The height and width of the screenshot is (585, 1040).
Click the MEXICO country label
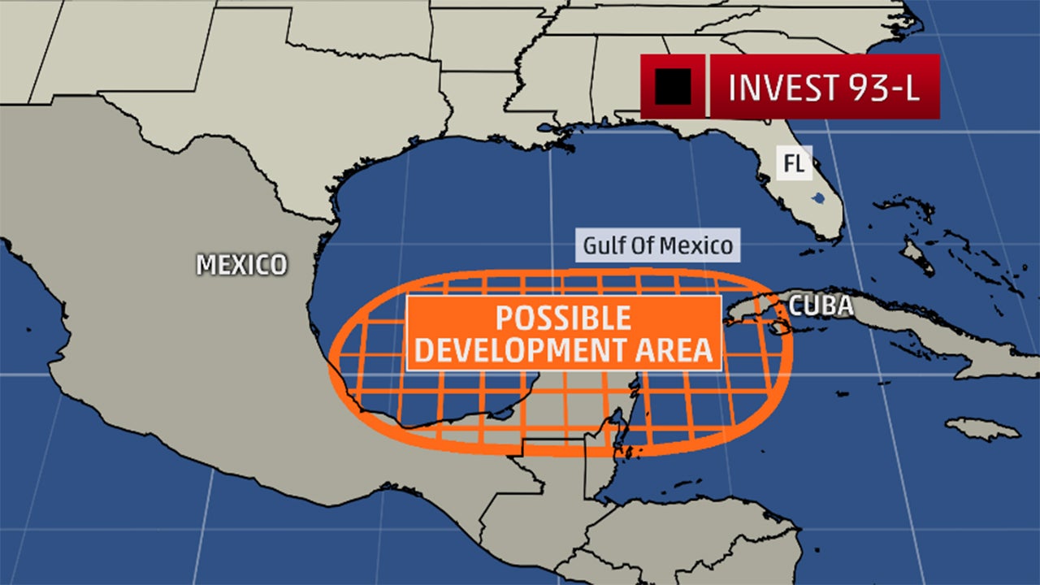coord(241,264)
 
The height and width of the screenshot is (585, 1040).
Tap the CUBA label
coord(821,305)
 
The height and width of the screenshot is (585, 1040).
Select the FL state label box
coord(794,163)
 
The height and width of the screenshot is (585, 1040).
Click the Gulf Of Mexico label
coord(658,245)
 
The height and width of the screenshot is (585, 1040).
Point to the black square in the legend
coord(673,86)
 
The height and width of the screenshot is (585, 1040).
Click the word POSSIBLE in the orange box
coord(563,317)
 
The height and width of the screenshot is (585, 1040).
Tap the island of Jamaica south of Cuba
coord(982,428)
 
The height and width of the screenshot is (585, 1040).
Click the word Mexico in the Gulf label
coord(698,245)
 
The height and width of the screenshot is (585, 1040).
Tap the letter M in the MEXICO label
coord(206,264)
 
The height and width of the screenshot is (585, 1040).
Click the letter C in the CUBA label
coord(797,305)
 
